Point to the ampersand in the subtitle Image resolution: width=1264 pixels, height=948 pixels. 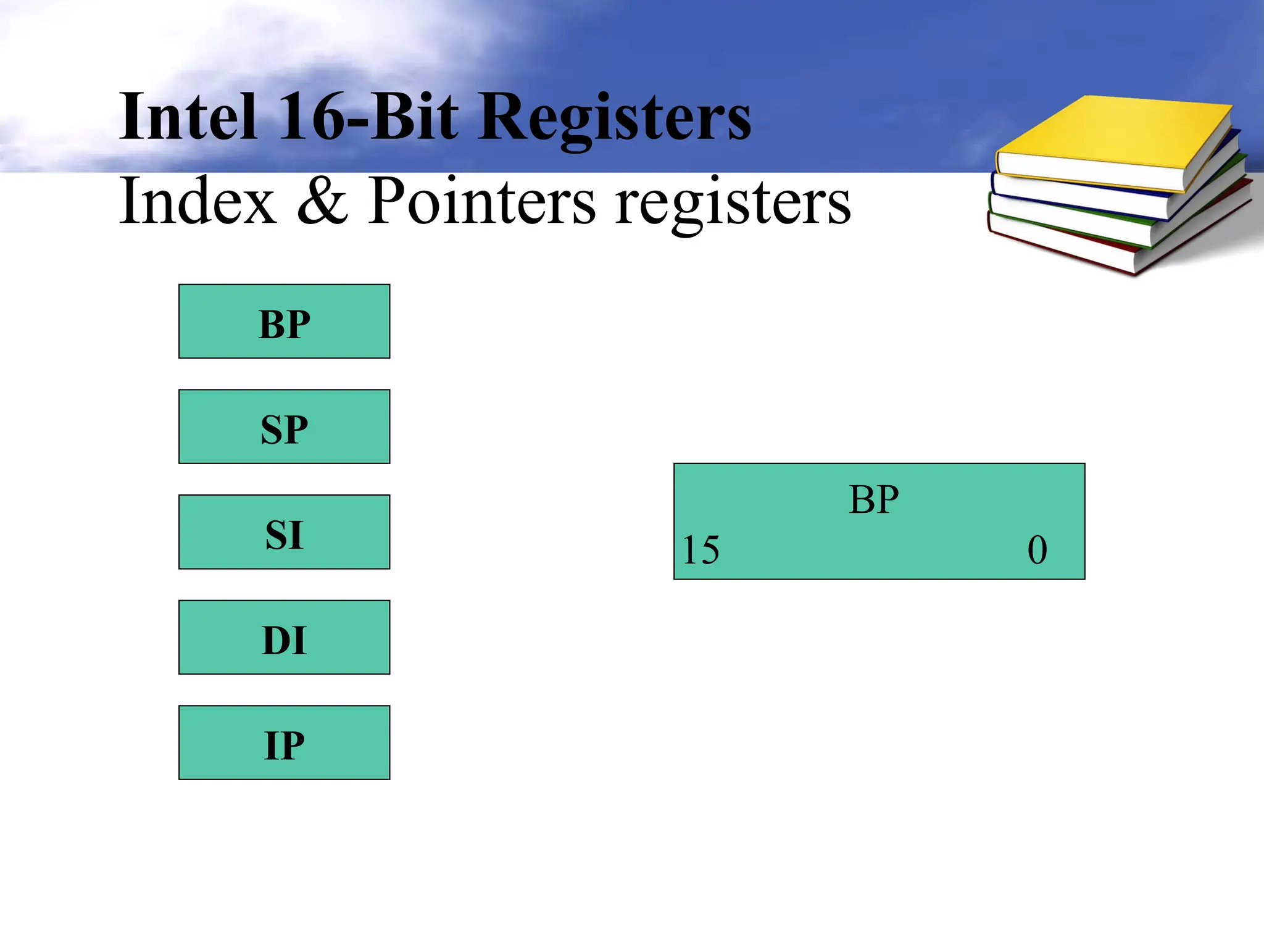322,201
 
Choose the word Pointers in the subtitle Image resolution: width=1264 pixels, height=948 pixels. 482,201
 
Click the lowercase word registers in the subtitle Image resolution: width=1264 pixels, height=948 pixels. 733,204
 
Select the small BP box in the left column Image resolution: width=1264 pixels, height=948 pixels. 284,322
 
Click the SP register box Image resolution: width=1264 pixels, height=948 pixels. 284,426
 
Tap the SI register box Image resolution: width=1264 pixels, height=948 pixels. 284,532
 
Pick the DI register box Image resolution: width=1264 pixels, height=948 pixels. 284,637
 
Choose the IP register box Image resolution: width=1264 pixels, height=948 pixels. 284,742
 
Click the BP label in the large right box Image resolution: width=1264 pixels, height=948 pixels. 873,499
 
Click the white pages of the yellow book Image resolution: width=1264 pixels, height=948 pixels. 1086,173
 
